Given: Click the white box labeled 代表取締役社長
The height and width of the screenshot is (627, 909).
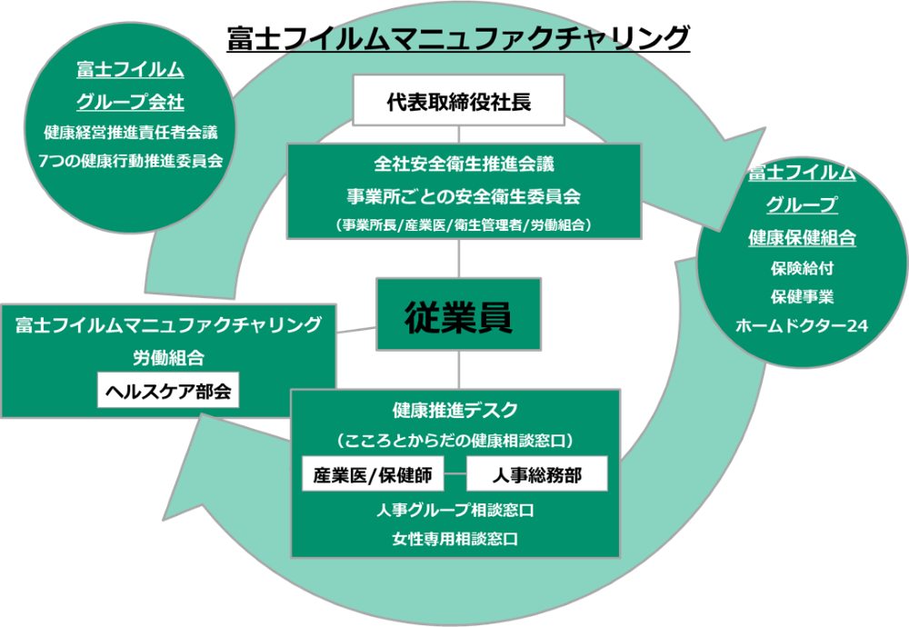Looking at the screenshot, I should click(x=459, y=101).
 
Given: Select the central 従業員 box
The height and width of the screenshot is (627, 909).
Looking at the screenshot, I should click(x=459, y=316).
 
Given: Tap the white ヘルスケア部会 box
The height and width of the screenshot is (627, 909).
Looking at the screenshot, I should click(x=168, y=392).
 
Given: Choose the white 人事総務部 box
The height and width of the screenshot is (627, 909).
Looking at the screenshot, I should click(x=536, y=474).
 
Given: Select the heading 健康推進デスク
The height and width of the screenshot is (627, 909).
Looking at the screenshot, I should click(x=455, y=409).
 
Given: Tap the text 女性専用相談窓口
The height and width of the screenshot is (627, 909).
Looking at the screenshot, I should click(x=455, y=539).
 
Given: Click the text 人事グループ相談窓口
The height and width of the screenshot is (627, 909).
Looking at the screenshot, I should click(x=455, y=510).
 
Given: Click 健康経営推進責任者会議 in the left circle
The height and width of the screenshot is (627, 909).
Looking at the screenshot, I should click(x=131, y=132).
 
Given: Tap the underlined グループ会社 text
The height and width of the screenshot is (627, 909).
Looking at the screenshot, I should click(x=131, y=101).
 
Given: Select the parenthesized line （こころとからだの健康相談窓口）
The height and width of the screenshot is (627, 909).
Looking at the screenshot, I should click(x=455, y=441).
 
